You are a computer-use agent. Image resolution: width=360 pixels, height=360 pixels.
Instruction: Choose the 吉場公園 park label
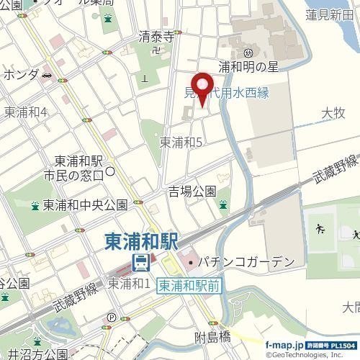coord(192,191)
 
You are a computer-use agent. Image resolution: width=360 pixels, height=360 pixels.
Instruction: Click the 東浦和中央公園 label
coord(85,204)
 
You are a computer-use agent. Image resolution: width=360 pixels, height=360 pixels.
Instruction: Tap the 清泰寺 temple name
coord(157,37)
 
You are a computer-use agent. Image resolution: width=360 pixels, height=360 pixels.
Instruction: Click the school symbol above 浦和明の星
coord(248,53)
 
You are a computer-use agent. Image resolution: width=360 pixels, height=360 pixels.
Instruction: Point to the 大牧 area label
coord(334,112)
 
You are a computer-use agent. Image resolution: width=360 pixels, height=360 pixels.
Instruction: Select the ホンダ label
coord(20,74)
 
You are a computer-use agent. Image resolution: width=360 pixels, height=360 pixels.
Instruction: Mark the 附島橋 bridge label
coord(215,336)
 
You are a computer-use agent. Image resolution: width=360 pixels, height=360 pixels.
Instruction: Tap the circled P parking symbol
coord(111,316)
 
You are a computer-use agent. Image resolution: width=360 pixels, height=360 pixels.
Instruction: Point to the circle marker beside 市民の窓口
coord(110,171)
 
